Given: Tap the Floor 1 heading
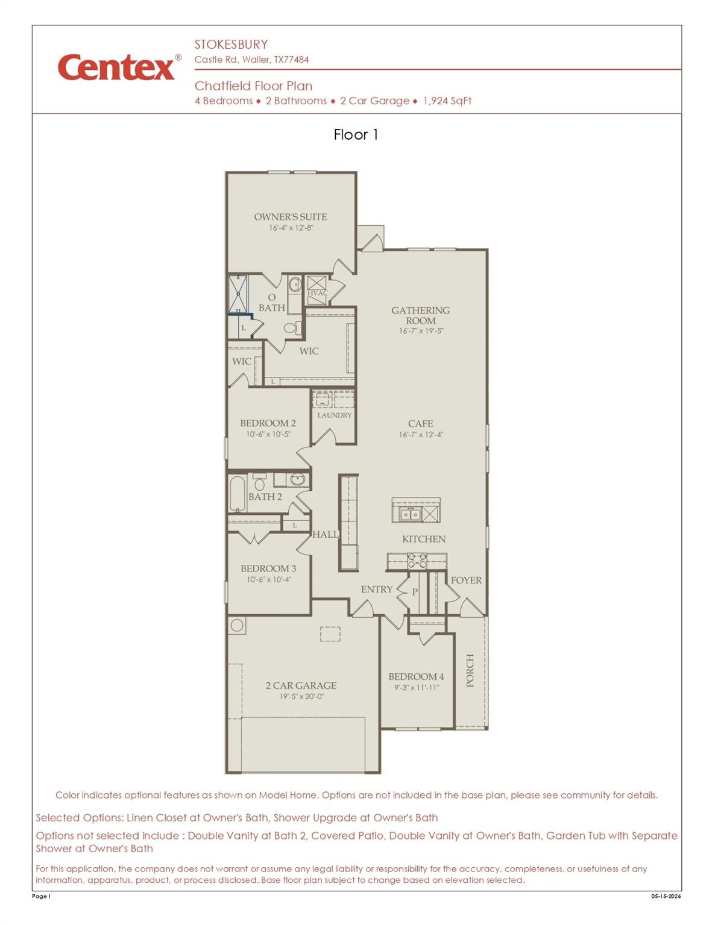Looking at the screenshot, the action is coord(355,134).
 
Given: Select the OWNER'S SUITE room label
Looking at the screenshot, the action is coord(291,217).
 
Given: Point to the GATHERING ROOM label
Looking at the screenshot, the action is coord(421,316).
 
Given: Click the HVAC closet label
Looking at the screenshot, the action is coord(318,293).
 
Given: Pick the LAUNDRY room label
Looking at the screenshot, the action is coord(335,415).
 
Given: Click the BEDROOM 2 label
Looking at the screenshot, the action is coord(268,423).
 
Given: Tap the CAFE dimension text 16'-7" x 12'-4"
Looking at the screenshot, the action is coord(421,435).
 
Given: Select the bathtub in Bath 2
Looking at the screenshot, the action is coord(238,493).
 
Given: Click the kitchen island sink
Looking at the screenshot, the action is coord(411,515).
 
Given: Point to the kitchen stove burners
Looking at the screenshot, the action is coord(417,561).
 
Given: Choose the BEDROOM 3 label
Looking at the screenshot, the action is coord(268,568).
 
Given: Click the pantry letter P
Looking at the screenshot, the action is coord(415,592).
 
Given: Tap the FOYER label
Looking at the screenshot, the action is coord(466,580).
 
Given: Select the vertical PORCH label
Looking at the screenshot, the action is coord(470,670).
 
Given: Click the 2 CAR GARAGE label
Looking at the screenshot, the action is coord(301,685).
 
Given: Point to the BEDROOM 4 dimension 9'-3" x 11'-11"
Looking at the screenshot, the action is coord(417,687).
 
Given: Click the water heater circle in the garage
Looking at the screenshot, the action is coord(237,625).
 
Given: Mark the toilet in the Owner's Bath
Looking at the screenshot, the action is coord(292,328).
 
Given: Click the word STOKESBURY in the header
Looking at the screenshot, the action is coord(232,45).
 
